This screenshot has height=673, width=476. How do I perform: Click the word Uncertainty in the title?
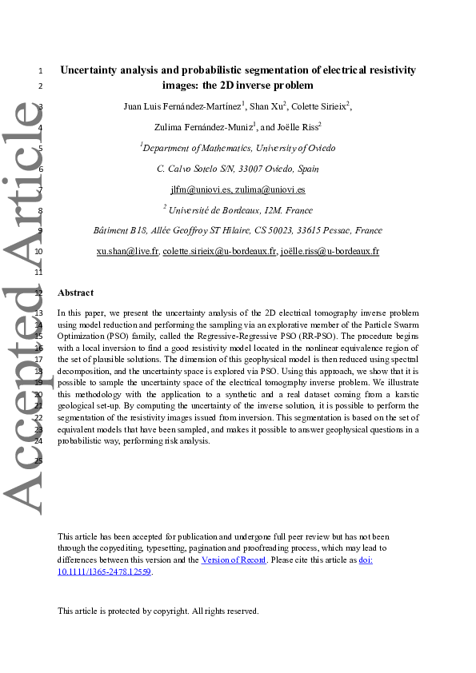tap(91, 70)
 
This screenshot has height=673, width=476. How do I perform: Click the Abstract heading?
tap(75, 293)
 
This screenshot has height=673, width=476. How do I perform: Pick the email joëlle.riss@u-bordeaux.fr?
tap(330, 250)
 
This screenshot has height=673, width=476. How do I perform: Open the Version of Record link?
tap(234, 560)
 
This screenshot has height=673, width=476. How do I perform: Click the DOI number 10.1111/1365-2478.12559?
tap(105, 571)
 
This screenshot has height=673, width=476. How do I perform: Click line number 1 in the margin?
tap(40, 71)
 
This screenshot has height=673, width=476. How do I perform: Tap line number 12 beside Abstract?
tap(39, 293)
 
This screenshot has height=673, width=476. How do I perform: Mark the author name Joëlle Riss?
tap(298, 126)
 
